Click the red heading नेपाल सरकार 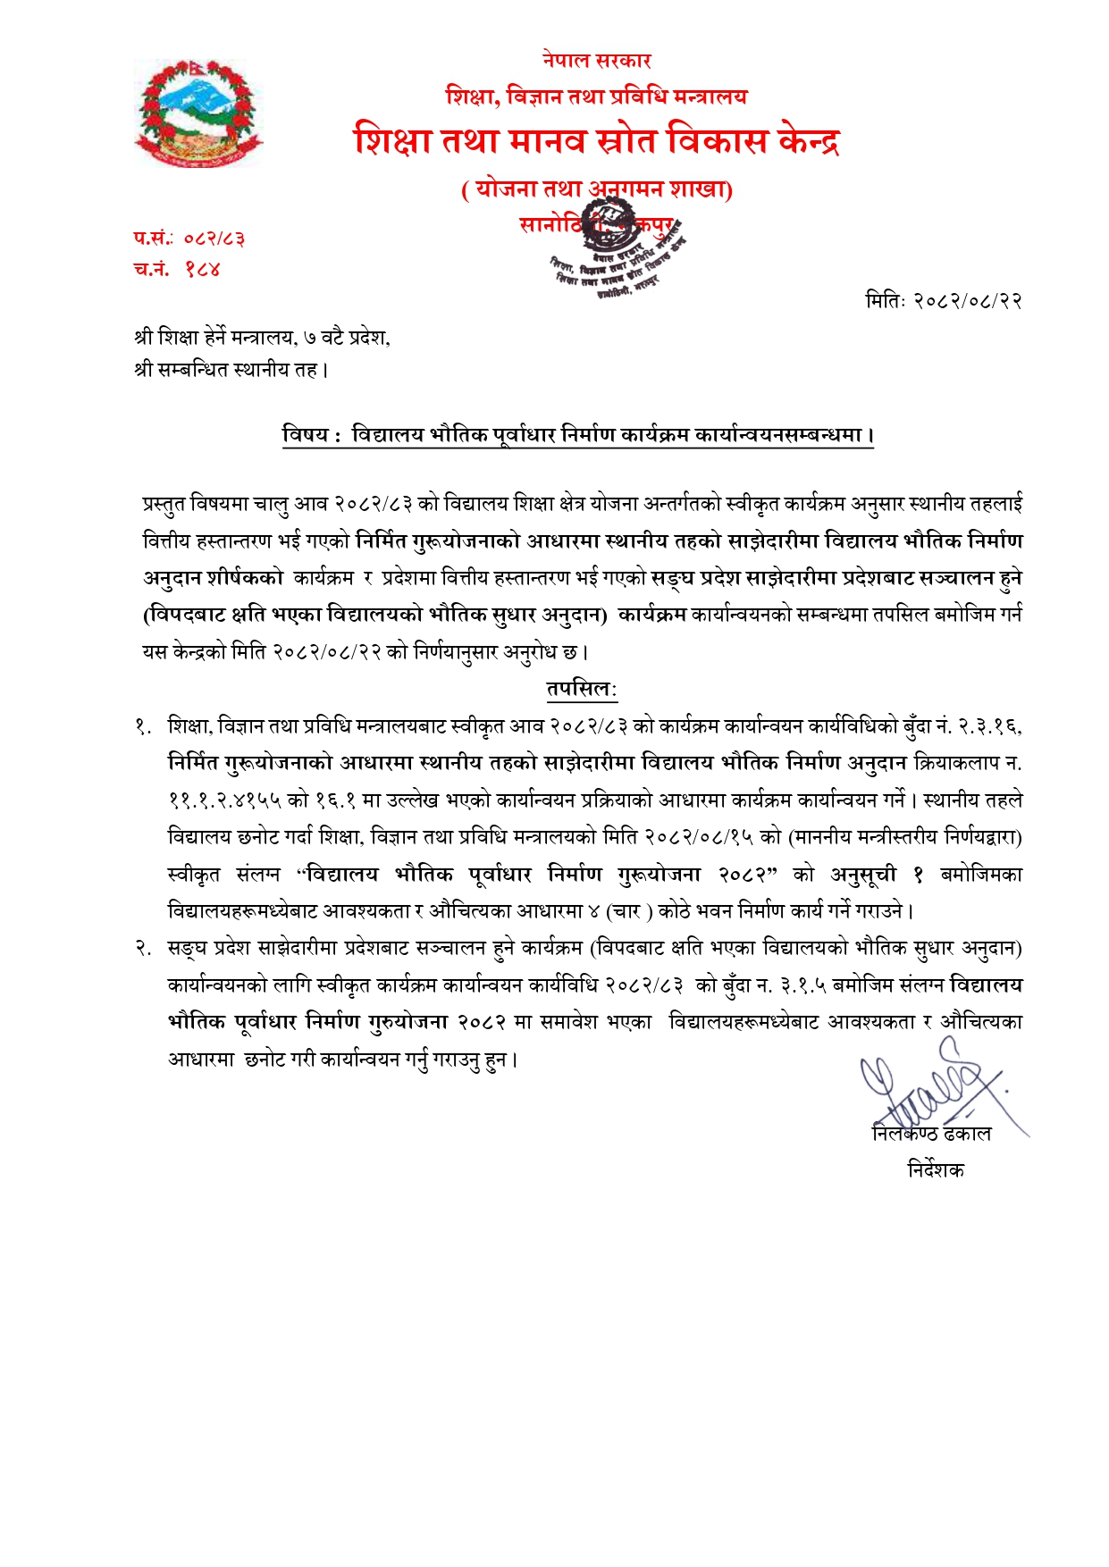pyautogui.click(x=596, y=61)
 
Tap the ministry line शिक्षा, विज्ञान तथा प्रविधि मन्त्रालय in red pyautogui.click(x=596, y=96)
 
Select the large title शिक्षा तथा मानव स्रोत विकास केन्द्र pyautogui.click(x=596, y=141)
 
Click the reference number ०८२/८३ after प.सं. pyautogui.click(x=214, y=239)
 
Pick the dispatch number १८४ pyautogui.click(x=203, y=269)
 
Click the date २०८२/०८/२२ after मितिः pyautogui.click(x=968, y=301)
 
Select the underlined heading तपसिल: pyautogui.click(x=582, y=690)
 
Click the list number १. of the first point pyautogui.click(x=144, y=727)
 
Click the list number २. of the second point pyautogui.click(x=144, y=949)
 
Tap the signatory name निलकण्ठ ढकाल pyautogui.click(x=931, y=1134)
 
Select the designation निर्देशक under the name pyautogui.click(x=936, y=1169)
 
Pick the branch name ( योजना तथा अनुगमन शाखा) pyautogui.click(x=596, y=189)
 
